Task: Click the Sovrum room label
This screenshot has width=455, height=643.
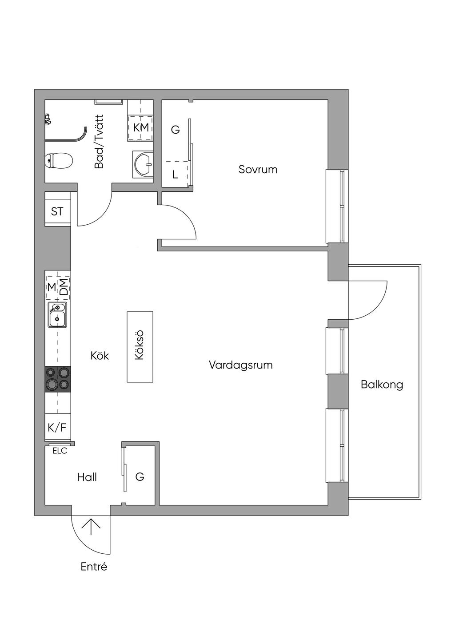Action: click(x=258, y=169)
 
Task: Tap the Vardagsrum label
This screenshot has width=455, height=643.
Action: click(x=240, y=365)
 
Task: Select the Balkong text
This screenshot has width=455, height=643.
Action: click(x=382, y=384)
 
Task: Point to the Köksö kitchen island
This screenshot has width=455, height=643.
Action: click(x=140, y=346)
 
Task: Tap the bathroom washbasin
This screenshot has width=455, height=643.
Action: click(x=143, y=164)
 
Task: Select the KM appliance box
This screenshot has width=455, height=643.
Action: click(x=141, y=127)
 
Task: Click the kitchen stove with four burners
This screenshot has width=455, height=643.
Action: click(x=58, y=379)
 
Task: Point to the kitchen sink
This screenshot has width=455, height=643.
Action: click(x=57, y=314)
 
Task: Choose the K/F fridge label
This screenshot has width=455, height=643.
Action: click(x=57, y=428)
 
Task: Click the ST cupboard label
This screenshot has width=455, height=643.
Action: click(x=57, y=212)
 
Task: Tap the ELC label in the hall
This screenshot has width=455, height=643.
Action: click(x=60, y=451)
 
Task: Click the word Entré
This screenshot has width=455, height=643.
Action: click(x=94, y=567)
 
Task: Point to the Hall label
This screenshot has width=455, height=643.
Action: click(x=87, y=477)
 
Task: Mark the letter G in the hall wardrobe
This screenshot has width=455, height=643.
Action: click(x=140, y=477)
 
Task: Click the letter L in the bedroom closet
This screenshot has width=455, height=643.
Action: click(x=175, y=175)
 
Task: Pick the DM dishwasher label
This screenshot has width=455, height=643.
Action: click(x=64, y=287)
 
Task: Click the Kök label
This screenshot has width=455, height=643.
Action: click(x=100, y=356)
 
